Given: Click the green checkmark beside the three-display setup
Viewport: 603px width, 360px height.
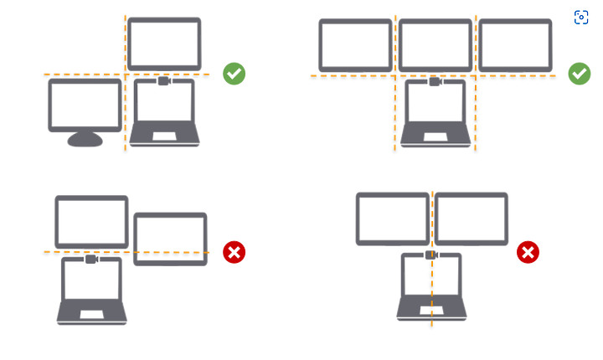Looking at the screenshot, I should point(580,74).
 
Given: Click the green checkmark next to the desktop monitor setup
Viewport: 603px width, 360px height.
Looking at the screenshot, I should point(234,74).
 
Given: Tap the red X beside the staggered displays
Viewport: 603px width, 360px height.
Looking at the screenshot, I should point(234,252).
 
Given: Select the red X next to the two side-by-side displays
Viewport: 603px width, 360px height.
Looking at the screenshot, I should point(528,252).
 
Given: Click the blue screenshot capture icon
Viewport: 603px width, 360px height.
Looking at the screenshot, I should point(581,18).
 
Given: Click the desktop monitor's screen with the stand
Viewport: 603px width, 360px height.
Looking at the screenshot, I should point(85,105).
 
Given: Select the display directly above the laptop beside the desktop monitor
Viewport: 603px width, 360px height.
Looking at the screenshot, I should point(164,44).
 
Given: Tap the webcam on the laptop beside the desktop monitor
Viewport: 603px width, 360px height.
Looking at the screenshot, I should point(164,81).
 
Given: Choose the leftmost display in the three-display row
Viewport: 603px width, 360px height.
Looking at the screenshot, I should point(356,45).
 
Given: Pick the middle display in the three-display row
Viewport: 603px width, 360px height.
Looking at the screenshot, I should point(435,45).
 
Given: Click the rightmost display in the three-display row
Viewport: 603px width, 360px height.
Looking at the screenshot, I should point(515,45).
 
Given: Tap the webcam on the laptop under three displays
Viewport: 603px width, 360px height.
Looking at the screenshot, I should point(435,81).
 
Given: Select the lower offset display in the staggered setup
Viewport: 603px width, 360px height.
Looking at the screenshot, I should point(170,239).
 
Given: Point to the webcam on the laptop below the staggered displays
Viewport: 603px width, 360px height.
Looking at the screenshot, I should point(91,260).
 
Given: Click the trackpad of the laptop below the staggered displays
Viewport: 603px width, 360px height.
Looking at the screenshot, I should point(91,314).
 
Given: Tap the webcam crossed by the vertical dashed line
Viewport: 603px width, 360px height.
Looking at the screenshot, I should point(431,255).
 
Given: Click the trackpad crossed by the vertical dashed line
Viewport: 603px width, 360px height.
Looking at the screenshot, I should point(431,310).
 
